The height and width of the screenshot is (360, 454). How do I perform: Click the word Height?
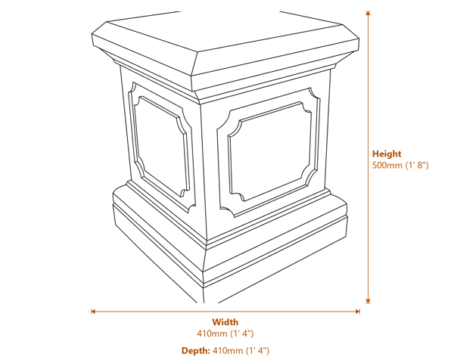(x=387, y=154)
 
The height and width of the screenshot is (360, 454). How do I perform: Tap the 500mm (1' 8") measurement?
(x=400, y=165)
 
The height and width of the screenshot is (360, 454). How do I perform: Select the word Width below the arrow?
(x=225, y=322)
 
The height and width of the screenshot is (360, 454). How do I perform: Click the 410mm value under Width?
(x=225, y=334)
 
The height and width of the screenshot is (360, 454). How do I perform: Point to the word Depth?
(x=195, y=350)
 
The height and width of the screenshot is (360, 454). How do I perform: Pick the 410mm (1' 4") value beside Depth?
(x=241, y=350)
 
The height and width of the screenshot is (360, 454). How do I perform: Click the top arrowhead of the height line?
(x=368, y=14)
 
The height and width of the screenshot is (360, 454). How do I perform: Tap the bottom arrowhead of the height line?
(x=368, y=300)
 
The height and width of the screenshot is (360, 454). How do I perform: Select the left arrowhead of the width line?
(x=93, y=311)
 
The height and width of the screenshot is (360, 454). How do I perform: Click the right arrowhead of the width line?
(x=357, y=311)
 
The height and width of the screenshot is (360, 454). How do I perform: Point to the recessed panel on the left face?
(x=161, y=144)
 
